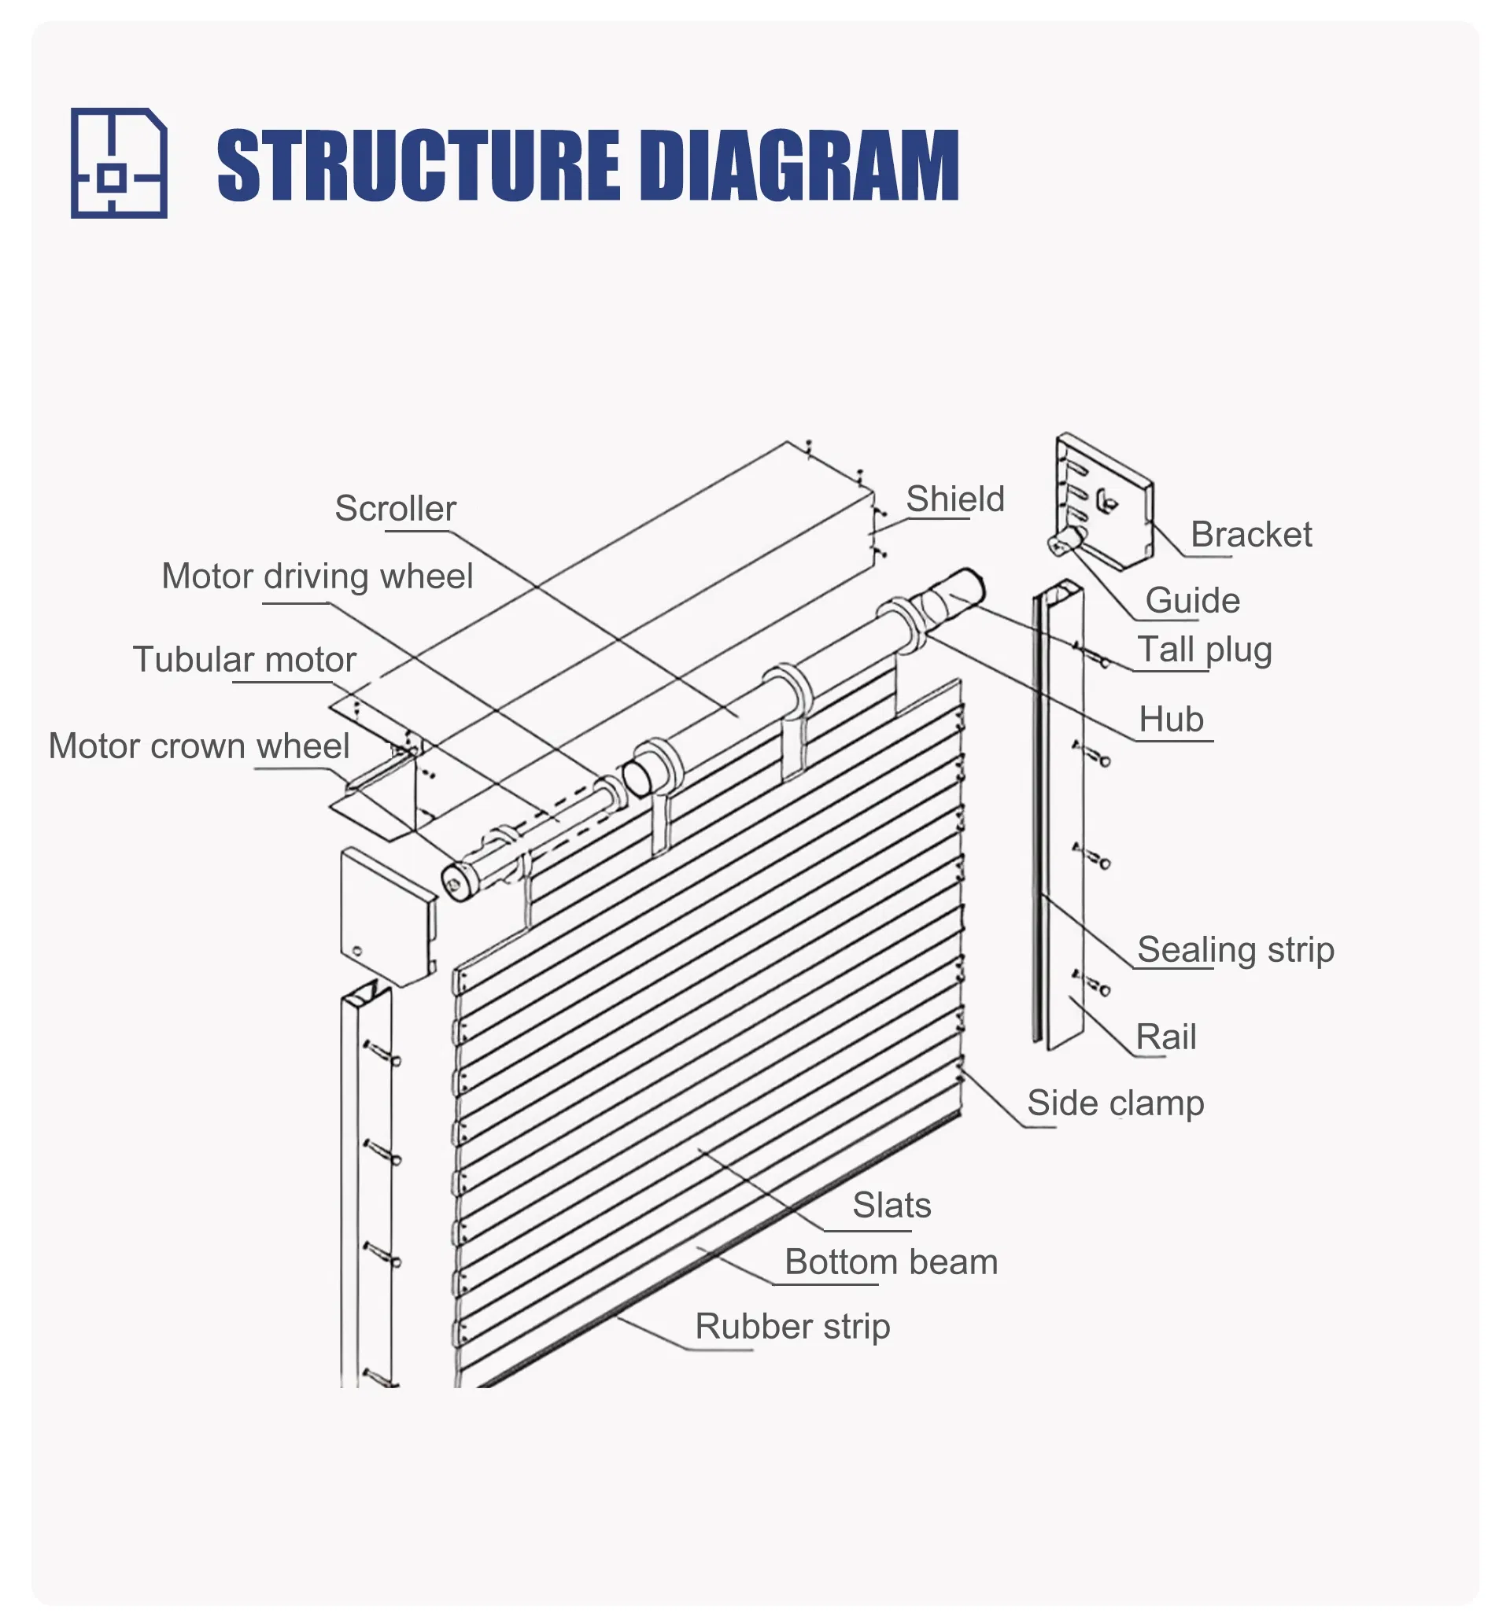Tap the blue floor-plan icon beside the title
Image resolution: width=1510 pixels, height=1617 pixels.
pos(119,163)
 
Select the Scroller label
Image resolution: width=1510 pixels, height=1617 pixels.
pos(395,509)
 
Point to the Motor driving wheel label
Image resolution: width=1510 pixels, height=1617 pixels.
pos(316,576)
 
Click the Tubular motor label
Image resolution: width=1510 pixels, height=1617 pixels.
pos(244,660)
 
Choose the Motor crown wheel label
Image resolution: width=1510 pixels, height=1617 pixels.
pos(198,746)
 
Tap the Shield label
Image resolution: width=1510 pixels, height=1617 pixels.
pos(955,499)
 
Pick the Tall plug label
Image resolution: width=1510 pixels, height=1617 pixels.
pos(1204,650)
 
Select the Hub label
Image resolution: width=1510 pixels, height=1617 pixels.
pos(1171,720)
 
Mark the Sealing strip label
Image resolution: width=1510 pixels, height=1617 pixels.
pos(1235,950)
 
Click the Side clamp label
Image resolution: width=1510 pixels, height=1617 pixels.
pos(1115,1103)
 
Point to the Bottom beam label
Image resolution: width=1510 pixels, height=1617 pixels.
pos(891,1262)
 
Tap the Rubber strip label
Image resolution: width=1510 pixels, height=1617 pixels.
pos(792,1327)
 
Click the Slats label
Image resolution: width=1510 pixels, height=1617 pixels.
pos(892,1206)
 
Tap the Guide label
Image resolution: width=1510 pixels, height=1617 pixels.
pos(1192,601)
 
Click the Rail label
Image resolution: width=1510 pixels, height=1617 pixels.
pos(1165,1038)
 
